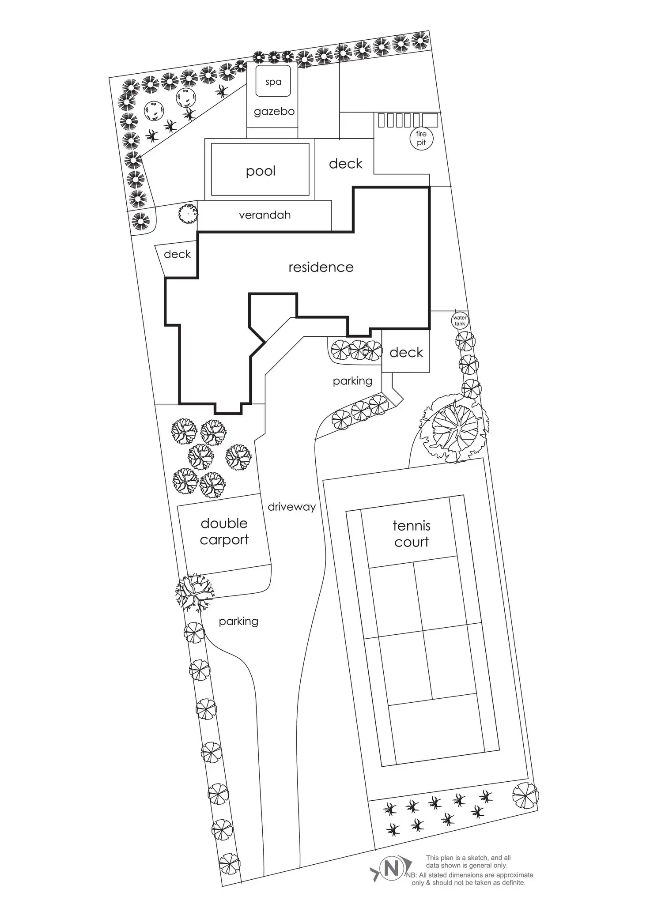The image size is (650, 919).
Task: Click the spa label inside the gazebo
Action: pyautogui.click(x=273, y=82)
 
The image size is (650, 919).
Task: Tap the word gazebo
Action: pyautogui.click(x=274, y=111)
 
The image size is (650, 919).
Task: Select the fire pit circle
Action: pyautogui.click(x=421, y=138)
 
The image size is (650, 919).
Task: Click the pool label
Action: pyautogui.click(x=261, y=171)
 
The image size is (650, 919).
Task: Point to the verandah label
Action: pyautogui.click(x=265, y=215)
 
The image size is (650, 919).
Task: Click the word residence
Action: pyautogui.click(x=321, y=267)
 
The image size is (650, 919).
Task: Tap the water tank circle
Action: pyautogui.click(x=460, y=320)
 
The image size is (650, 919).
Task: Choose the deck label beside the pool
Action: pyautogui.click(x=346, y=164)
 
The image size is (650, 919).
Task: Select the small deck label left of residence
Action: pyautogui.click(x=177, y=254)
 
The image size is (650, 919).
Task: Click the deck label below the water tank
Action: pyautogui.click(x=406, y=352)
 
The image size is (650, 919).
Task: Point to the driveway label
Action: pyautogui.click(x=292, y=507)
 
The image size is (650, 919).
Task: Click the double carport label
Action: pyautogui.click(x=224, y=531)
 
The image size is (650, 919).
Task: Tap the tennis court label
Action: pyautogui.click(x=412, y=534)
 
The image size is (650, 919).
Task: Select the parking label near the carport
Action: pyautogui.click(x=238, y=621)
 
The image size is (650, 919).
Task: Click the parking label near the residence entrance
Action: pyautogui.click(x=352, y=380)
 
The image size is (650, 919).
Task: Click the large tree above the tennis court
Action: pyautogui.click(x=455, y=428)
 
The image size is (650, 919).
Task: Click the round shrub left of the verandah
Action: pyautogui.click(x=188, y=214)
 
